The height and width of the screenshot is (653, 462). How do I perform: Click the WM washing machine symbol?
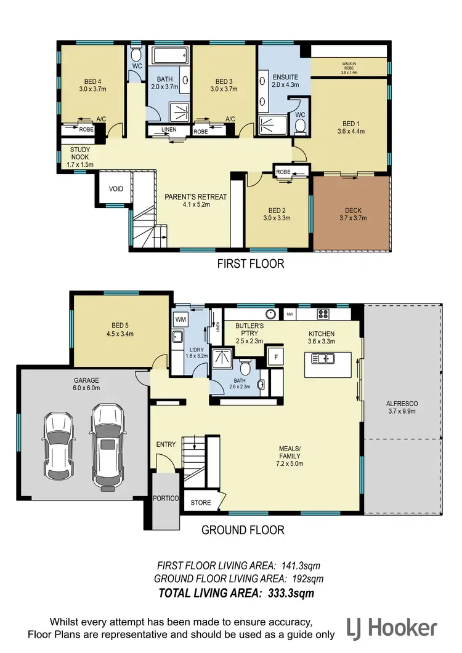[x=180, y=320]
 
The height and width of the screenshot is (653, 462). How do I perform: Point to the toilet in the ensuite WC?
[x=301, y=126]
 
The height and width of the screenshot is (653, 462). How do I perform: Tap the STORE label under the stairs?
[x=200, y=502]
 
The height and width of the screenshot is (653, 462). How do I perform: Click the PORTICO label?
[x=165, y=497]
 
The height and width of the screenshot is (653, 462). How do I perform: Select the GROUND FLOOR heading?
[x=243, y=529]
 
